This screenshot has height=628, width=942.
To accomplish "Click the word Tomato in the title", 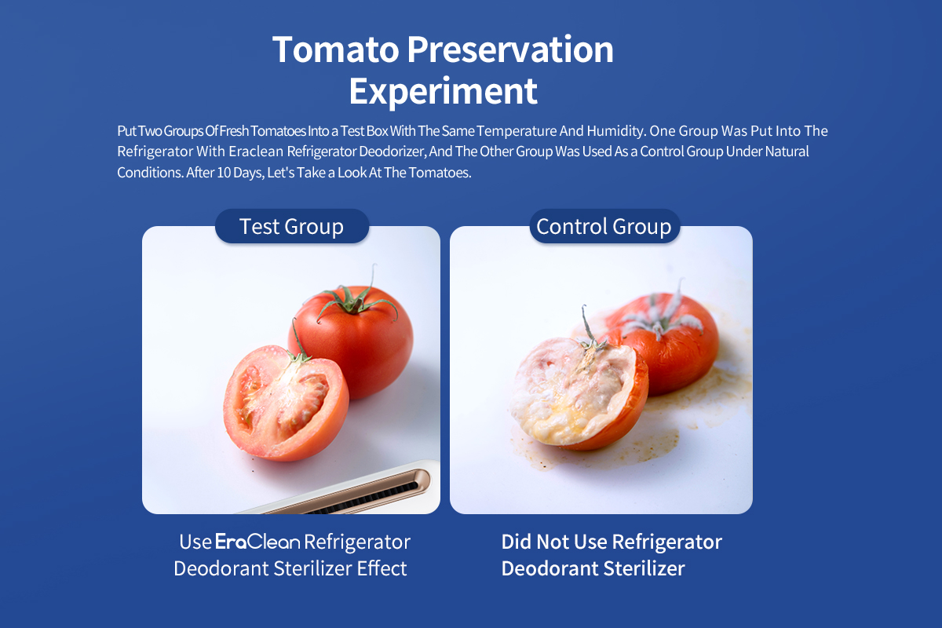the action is point(336,49).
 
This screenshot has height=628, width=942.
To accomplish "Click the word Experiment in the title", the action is point(444,91).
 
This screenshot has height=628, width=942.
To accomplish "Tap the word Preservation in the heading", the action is point(510,49).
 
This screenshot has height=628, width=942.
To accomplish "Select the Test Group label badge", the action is point(292,226).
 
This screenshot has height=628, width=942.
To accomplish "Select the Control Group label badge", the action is point(604,226).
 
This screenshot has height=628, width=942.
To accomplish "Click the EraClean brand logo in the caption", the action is point(257,542).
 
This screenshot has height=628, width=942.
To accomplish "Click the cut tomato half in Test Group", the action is point(286,403).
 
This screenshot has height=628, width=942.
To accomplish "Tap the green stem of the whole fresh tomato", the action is point(356,298).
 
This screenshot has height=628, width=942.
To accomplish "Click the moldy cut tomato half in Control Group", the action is point(579,393).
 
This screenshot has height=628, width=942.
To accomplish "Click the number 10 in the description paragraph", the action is point(225,173).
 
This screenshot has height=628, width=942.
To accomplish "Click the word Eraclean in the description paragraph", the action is point(256,152).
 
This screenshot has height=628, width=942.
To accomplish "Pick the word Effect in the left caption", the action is point(382,568).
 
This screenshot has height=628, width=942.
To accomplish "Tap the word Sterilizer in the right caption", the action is point(644,568).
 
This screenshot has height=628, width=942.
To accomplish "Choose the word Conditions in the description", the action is point(151,173).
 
